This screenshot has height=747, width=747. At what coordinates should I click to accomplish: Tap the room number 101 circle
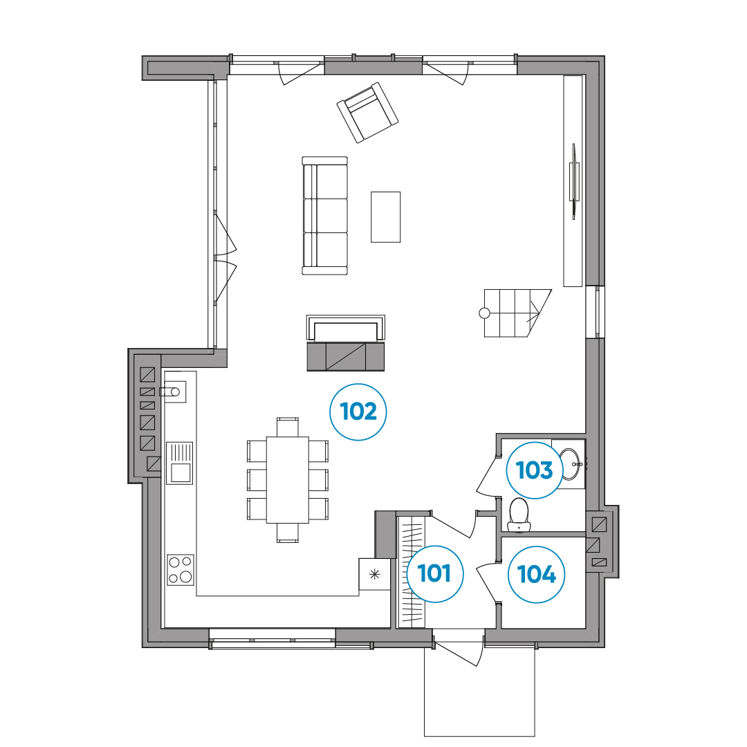435,573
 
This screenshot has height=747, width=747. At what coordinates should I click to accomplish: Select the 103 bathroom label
535,470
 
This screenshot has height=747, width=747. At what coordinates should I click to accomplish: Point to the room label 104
537,574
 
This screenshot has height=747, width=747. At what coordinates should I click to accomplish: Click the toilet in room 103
519,515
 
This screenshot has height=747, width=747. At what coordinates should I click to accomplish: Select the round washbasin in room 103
571,464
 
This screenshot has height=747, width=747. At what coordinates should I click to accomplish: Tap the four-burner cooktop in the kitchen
181,570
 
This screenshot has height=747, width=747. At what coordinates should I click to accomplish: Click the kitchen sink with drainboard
180,463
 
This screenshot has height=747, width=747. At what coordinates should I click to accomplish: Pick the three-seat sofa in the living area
325,216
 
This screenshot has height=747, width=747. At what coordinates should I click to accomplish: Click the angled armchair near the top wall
367,113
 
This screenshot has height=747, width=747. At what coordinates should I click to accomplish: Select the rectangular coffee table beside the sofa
386,217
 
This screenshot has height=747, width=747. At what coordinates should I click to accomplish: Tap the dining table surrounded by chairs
288,480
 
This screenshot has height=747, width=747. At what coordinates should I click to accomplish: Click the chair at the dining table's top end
288,427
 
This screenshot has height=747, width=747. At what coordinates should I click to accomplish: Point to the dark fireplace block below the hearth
346,357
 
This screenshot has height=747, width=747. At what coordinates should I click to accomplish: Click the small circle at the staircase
484,313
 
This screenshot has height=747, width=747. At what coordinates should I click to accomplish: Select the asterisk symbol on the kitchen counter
375,574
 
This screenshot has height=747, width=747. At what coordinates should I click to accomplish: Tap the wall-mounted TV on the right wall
574,181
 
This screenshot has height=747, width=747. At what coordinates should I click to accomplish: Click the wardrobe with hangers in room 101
411,572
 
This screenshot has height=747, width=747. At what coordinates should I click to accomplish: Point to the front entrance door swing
460,648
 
